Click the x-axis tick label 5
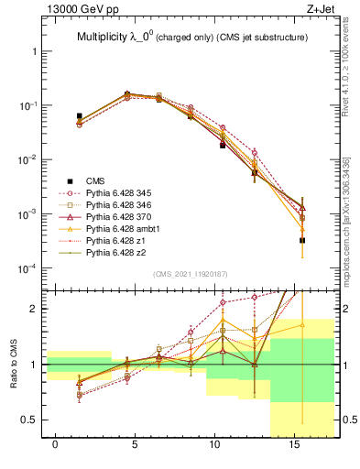pos(135,444)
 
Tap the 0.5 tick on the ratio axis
pos(30,420)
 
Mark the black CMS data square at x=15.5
pos(302,240)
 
